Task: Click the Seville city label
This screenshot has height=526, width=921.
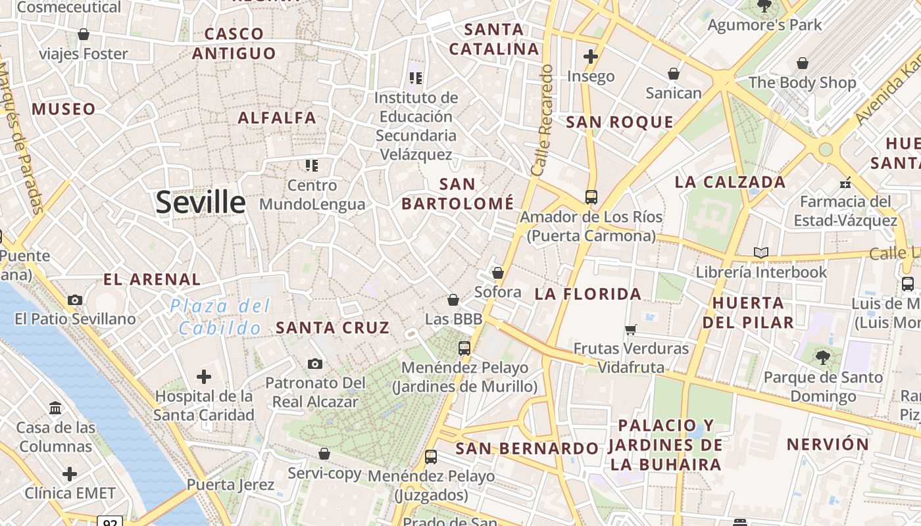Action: tap(201, 203)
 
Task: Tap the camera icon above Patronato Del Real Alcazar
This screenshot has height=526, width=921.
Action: tap(315, 364)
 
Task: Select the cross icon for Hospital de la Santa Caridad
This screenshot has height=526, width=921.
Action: tap(204, 377)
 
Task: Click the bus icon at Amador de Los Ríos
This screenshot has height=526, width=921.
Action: tap(591, 197)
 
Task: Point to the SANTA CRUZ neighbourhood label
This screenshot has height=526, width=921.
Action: tap(332, 327)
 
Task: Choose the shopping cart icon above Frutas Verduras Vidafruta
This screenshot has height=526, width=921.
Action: tap(631, 329)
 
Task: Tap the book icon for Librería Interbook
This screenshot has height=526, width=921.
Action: tap(761, 252)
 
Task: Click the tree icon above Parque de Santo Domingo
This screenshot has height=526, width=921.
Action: tap(822, 358)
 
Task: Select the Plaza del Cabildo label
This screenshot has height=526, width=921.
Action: tap(220, 317)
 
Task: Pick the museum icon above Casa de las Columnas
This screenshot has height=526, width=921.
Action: tap(56, 408)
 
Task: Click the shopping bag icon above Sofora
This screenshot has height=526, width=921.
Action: tap(498, 273)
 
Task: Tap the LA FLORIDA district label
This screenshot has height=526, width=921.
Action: tap(588, 294)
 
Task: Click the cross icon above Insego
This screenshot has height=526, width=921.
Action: tap(591, 57)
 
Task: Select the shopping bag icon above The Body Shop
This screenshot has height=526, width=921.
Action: tap(803, 63)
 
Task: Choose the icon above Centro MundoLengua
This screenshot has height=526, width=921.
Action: tap(312, 165)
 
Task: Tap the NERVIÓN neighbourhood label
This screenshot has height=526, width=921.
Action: tap(828, 444)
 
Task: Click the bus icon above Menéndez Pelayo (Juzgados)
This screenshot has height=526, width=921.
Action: tap(431, 456)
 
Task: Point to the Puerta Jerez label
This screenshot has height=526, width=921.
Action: tap(230, 485)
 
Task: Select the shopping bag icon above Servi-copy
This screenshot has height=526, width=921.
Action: tap(324, 454)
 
